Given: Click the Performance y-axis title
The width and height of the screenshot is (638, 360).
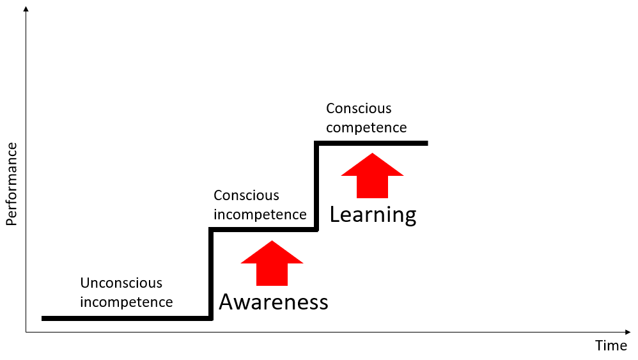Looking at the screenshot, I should [x=12, y=184].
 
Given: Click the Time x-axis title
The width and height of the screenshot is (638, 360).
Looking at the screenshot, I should [x=611, y=346].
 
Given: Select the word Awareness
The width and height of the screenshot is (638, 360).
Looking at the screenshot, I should [x=273, y=302].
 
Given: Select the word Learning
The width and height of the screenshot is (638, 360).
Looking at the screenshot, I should [x=373, y=215].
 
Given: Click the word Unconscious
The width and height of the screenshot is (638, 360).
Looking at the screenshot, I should [x=121, y=283].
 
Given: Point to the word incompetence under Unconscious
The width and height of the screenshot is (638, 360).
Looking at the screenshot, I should [x=126, y=302].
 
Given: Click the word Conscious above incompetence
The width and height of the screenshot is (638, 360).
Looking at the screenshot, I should [x=246, y=196].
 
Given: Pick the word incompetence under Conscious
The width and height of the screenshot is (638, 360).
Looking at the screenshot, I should [x=260, y=214].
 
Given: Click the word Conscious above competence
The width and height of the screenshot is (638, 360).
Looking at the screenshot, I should [x=359, y=109].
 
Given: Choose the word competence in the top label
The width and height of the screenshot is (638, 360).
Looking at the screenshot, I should [x=366, y=127].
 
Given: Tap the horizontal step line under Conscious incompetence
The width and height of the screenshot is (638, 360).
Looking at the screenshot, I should [x=263, y=230].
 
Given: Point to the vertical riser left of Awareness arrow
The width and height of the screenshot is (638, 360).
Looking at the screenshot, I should [x=211, y=274].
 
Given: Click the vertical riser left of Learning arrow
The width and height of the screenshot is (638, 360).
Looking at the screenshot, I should [x=316, y=186].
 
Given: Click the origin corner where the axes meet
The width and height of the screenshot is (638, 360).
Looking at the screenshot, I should [x=26, y=332].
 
